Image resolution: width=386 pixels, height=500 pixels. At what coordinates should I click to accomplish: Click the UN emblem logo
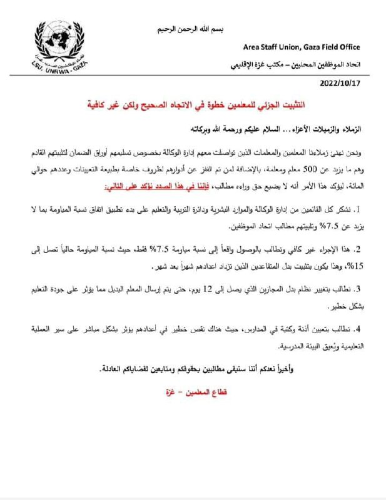(x=59, y=46)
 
